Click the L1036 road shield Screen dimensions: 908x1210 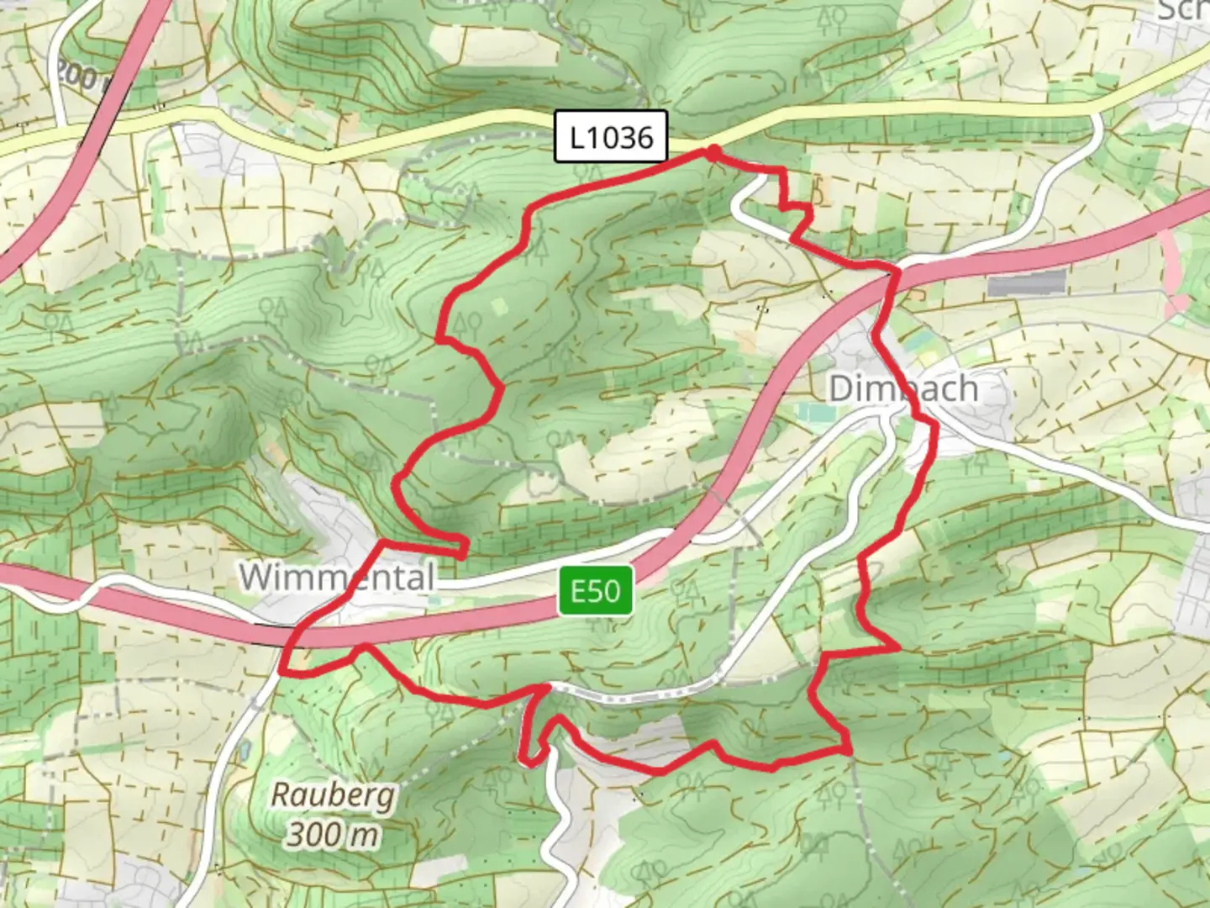click(611, 136)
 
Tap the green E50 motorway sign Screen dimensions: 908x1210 click(596, 591)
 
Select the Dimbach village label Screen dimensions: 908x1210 click(903, 389)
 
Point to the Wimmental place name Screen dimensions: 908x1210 click(337, 578)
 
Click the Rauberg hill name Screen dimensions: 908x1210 click(333, 795)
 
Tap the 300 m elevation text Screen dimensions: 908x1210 click(333, 835)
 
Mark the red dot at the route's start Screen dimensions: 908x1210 click(713, 151)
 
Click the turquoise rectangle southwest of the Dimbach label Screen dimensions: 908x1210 click(813, 413)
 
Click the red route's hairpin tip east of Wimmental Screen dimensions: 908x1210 click(464, 548)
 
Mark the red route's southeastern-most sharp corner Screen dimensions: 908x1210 click(849, 748)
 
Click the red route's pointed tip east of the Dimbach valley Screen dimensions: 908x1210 click(897, 648)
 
